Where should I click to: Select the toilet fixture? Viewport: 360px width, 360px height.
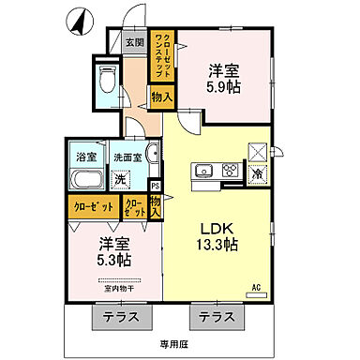pos(106,80)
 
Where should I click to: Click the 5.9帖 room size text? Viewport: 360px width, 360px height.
pos(220,87)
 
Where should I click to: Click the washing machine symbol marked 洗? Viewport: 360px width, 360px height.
pos(120,179)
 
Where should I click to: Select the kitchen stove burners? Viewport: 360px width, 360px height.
pos(228,172)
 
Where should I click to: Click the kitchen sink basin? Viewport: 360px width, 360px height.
pos(203,172)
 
